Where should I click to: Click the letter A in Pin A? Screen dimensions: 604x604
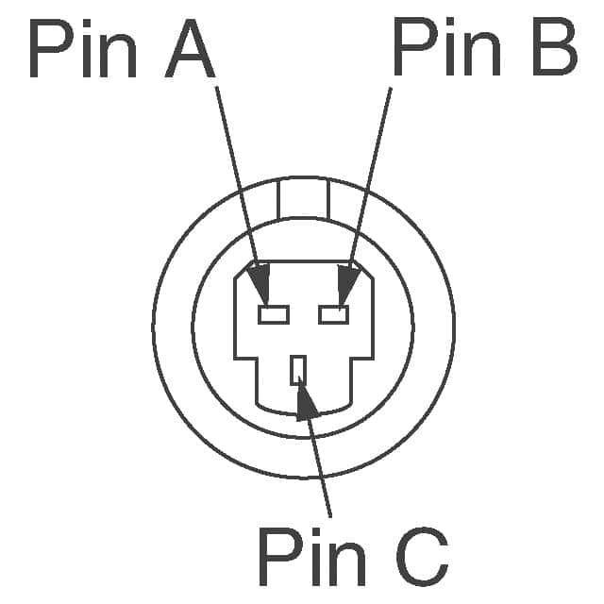pyautogui.click(x=190, y=48)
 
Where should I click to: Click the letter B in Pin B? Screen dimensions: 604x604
pyautogui.click(x=555, y=46)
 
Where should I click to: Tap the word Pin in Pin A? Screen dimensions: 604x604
pyautogui.click(x=83, y=48)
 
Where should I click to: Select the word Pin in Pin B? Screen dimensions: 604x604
pyautogui.click(x=446, y=46)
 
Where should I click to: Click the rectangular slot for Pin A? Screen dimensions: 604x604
pyautogui.click(x=274, y=314)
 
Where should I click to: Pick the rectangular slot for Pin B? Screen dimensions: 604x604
pyautogui.click(x=334, y=314)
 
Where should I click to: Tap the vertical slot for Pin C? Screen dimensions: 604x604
pyautogui.click(x=298, y=370)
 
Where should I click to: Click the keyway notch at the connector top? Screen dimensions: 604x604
pyautogui.click(x=304, y=198)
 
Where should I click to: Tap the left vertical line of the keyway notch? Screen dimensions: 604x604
pyautogui.click(x=278, y=199)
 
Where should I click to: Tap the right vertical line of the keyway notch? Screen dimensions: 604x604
pyautogui.click(x=328, y=199)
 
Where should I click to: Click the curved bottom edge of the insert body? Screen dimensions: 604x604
pyautogui.click(x=304, y=412)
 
